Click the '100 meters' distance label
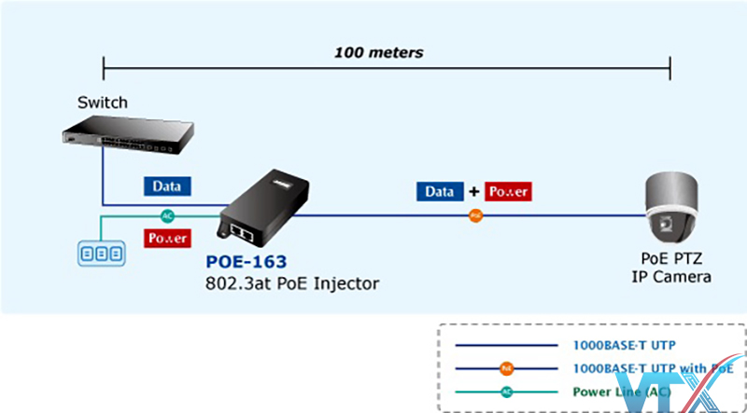379,52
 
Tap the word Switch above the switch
103,103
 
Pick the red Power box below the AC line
167,238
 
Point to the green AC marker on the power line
168,215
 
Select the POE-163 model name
247,262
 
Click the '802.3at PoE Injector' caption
292,282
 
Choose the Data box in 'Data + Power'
440,192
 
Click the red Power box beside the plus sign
508,192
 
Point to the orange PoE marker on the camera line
476,215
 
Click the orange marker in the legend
506,369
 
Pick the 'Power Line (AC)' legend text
621,392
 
